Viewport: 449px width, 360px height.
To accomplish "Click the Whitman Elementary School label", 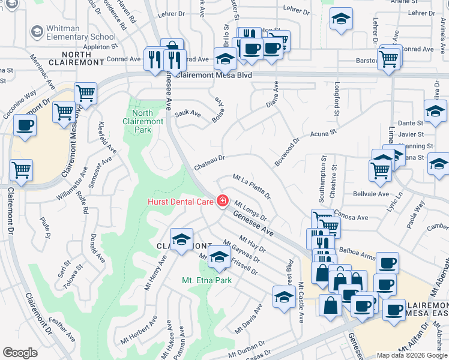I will pyautogui.click(x=82, y=32).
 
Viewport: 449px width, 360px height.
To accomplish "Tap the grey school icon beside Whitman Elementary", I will pyautogui.click(x=37, y=30).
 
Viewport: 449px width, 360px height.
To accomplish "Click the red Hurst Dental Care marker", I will pyautogui.click(x=223, y=201).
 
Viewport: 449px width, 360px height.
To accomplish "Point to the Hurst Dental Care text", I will pyautogui.click(x=181, y=202).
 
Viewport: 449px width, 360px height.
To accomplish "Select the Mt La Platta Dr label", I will pyautogui.click(x=252, y=185).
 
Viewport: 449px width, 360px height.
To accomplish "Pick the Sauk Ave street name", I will pyautogui.click(x=187, y=113).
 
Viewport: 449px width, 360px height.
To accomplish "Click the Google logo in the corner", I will pyautogui.click(x=20, y=353).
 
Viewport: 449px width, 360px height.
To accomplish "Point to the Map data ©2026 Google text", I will pyautogui.click(x=412, y=355).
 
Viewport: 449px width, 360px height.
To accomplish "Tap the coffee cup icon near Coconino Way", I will pyautogui.click(x=25, y=125).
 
